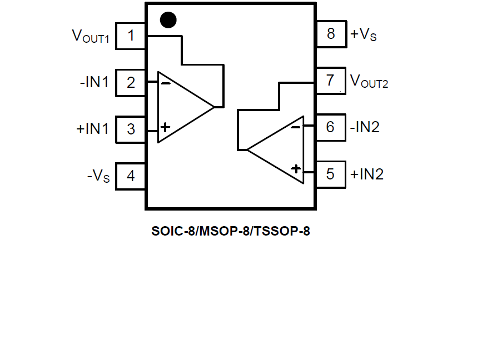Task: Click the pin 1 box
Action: [x=131, y=36]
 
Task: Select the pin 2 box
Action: [x=131, y=83]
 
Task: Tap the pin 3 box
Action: [x=131, y=129]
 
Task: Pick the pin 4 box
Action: [x=131, y=176]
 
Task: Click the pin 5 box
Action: [x=331, y=174]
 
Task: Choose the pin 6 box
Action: [x=331, y=127]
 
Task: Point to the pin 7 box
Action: [x=331, y=81]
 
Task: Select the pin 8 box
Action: [x=331, y=34]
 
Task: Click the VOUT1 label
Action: [x=91, y=37]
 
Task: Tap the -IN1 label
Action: [x=94, y=83]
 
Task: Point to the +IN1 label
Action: [x=93, y=129]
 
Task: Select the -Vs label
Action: [x=98, y=177]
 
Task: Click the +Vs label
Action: [x=363, y=34]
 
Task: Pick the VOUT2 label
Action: [x=369, y=82]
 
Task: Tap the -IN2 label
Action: [x=365, y=127]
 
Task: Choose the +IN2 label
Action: [x=367, y=174]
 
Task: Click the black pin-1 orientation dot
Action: [x=168, y=20]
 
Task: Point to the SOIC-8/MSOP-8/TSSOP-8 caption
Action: [x=231, y=231]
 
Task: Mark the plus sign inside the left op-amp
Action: [x=165, y=127]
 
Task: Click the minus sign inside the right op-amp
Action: [x=296, y=127]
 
